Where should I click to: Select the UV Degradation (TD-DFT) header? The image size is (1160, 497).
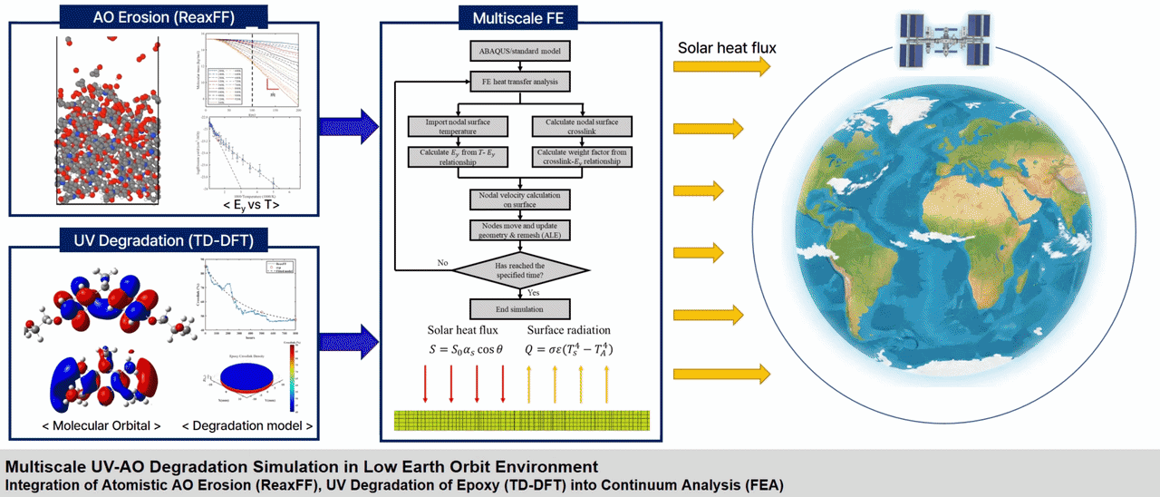[x=162, y=239]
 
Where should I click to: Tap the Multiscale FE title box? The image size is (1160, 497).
[x=519, y=17]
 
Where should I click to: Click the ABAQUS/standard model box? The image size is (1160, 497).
[x=519, y=51]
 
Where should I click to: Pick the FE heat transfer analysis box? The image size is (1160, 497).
[x=519, y=82]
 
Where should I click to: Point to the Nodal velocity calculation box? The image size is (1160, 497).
[x=519, y=200]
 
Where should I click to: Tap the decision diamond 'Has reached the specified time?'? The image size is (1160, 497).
[x=519, y=268]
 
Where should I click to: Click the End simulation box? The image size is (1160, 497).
[x=519, y=308]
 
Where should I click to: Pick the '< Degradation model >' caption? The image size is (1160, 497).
[x=247, y=425]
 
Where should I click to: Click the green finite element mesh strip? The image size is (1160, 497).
[x=523, y=420]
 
